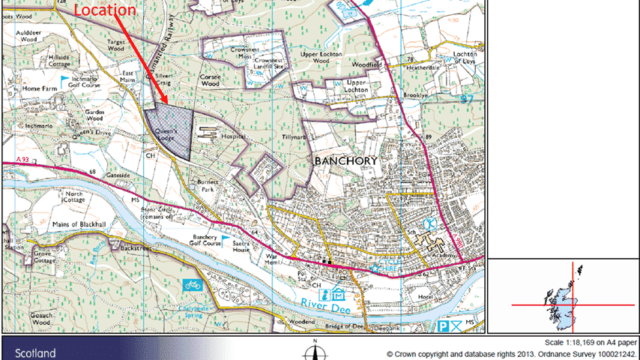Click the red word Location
click(x=106, y=10)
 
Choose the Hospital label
click(x=234, y=138)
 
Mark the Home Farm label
click(x=40, y=88)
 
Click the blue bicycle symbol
click(x=191, y=285)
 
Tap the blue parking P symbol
click(x=444, y=326)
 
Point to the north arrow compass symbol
click(x=316, y=351)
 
